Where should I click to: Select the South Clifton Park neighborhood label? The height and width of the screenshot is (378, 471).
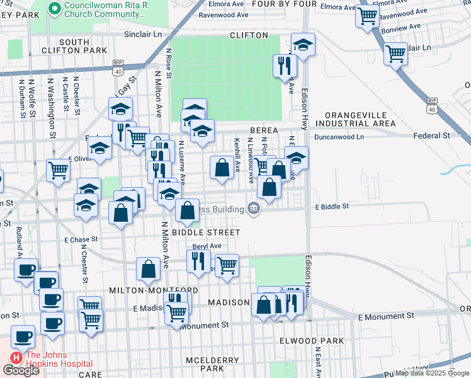(74, 45)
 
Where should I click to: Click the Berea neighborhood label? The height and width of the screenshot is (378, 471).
(264, 129)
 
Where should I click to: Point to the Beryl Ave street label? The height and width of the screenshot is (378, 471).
(207, 246)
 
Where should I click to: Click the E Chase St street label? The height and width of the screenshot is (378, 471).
(81, 239)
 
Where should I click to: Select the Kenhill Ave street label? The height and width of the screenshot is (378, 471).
(237, 155)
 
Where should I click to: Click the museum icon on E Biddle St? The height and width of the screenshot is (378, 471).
(254, 208)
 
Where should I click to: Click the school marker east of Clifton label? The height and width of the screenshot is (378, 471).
(303, 45)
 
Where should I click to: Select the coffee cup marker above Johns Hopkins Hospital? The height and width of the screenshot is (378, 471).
(23, 336)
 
